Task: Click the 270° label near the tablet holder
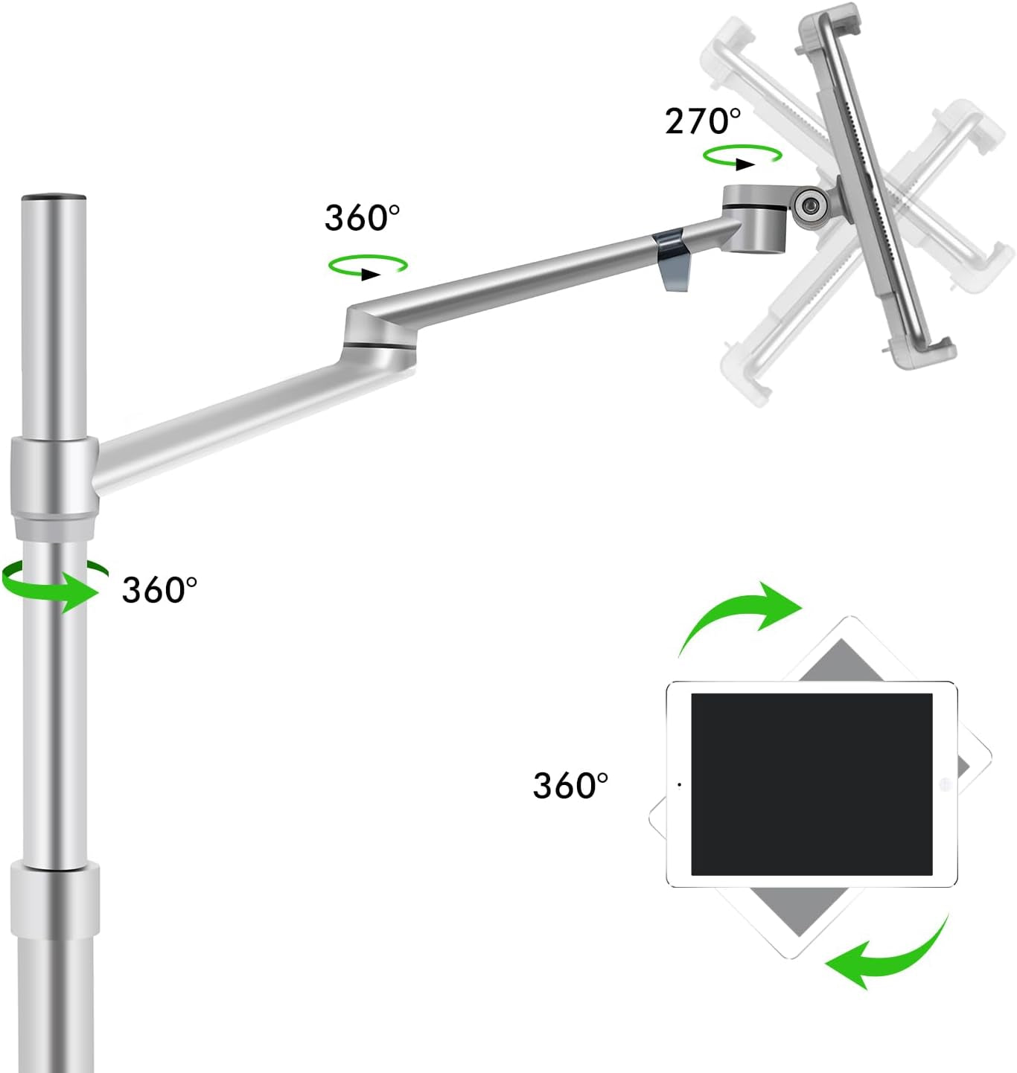[702, 121]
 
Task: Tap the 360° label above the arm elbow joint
[362, 217]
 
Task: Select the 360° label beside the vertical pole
[159, 589]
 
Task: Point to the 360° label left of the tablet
[570, 785]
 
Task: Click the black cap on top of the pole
[54, 199]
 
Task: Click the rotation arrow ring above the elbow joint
[367, 267]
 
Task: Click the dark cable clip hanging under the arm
[672, 260]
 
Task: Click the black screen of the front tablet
[812, 784]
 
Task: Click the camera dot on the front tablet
[679, 784]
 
